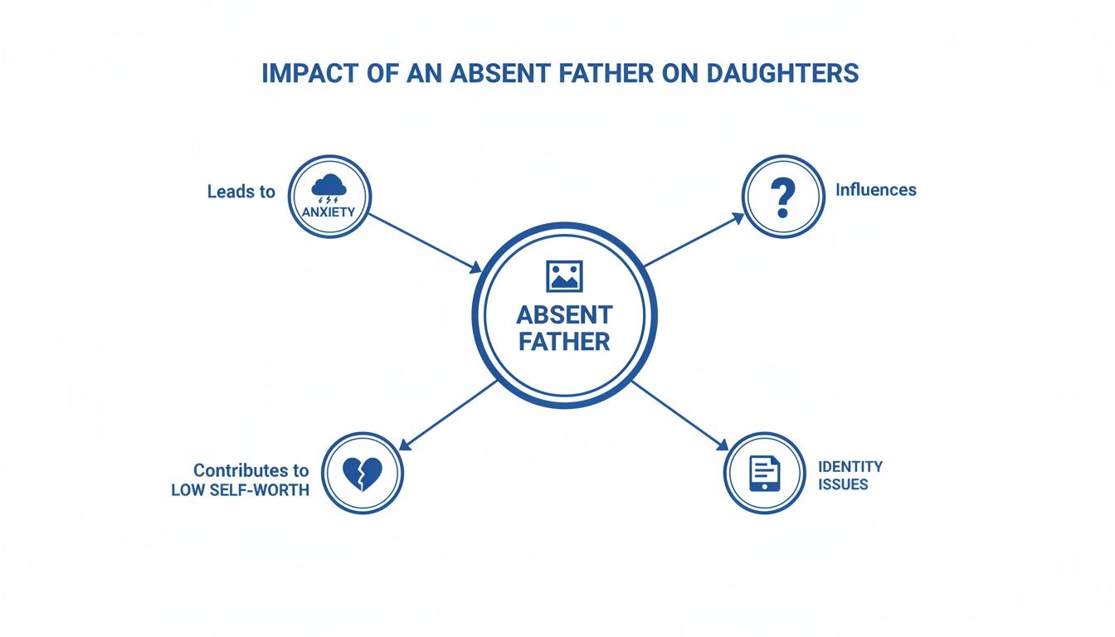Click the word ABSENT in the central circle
(564, 315)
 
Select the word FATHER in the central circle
(564, 341)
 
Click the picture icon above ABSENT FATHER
(564, 275)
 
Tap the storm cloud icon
(330, 187)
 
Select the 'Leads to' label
(241, 192)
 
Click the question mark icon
(782, 196)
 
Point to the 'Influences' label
(875, 190)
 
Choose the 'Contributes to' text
(251, 469)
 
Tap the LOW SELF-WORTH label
(240, 490)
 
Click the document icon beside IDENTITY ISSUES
(764, 473)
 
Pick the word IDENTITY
(850, 466)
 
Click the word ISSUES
(842, 484)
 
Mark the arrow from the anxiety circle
(423, 242)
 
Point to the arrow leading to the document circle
(679, 416)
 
